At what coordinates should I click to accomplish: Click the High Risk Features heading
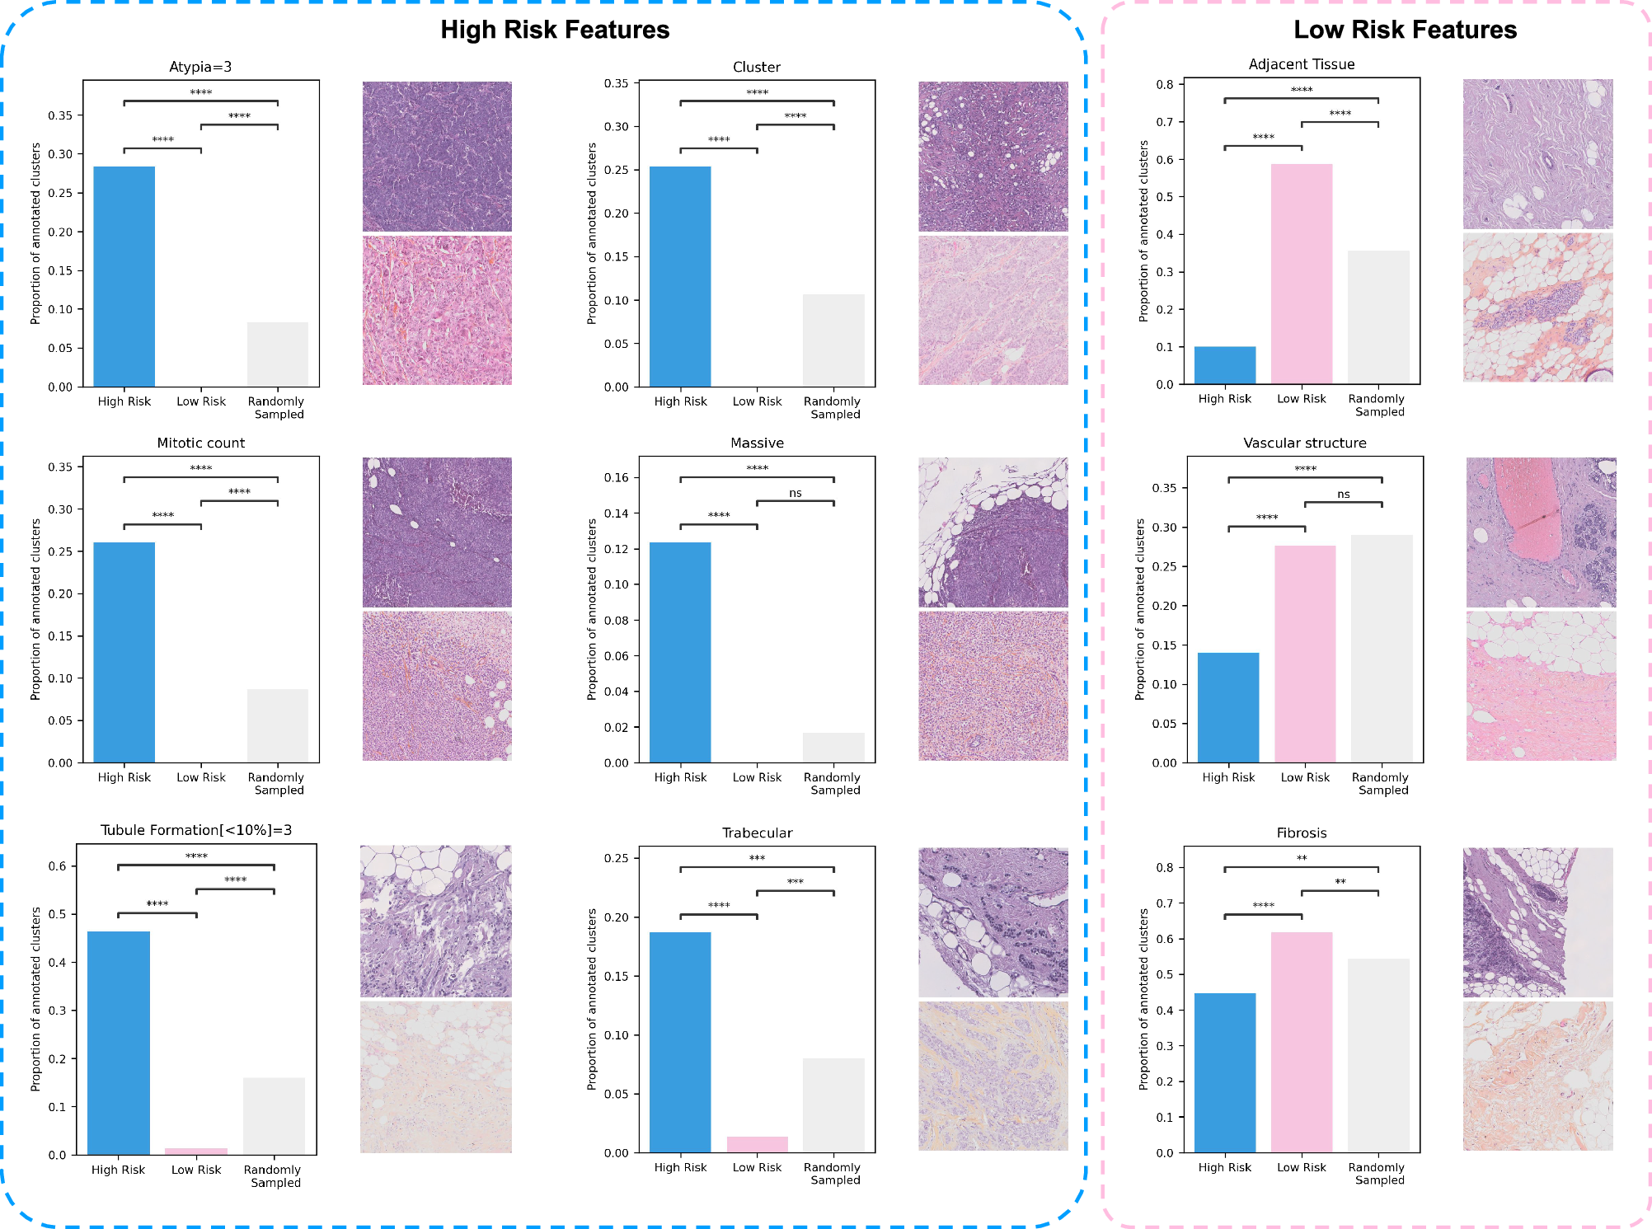click(x=555, y=30)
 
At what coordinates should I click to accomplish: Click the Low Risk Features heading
click(x=1405, y=30)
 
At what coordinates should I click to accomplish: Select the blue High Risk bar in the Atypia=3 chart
click(x=124, y=276)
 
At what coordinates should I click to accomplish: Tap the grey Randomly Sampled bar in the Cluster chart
click(x=833, y=340)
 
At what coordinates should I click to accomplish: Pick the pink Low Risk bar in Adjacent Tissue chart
click(x=1301, y=274)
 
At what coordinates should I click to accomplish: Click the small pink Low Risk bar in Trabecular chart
click(x=757, y=1144)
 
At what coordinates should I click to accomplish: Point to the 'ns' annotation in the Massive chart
click(x=795, y=493)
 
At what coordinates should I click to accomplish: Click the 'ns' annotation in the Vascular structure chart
click(x=1343, y=495)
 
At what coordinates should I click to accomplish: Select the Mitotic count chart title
click(x=200, y=443)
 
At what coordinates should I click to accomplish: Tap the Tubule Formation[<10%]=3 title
click(x=196, y=830)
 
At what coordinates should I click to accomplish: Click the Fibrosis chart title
click(x=1301, y=833)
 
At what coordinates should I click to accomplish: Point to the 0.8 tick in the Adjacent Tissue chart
click(x=1164, y=84)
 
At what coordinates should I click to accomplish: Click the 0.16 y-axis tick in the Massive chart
click(x=616, y=477)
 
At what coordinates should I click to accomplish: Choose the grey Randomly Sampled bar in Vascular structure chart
click(x=1382, y=649)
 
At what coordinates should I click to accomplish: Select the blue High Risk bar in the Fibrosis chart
click(x=1224, y=1072)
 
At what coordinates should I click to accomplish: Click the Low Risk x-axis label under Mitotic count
click(x=200, y=777)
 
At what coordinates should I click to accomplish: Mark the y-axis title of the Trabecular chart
click(x=591, y=999)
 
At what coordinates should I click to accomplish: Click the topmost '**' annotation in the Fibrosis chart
click(x=1301, y=858)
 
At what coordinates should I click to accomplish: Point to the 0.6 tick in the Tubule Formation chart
click(x=57, y=866)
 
